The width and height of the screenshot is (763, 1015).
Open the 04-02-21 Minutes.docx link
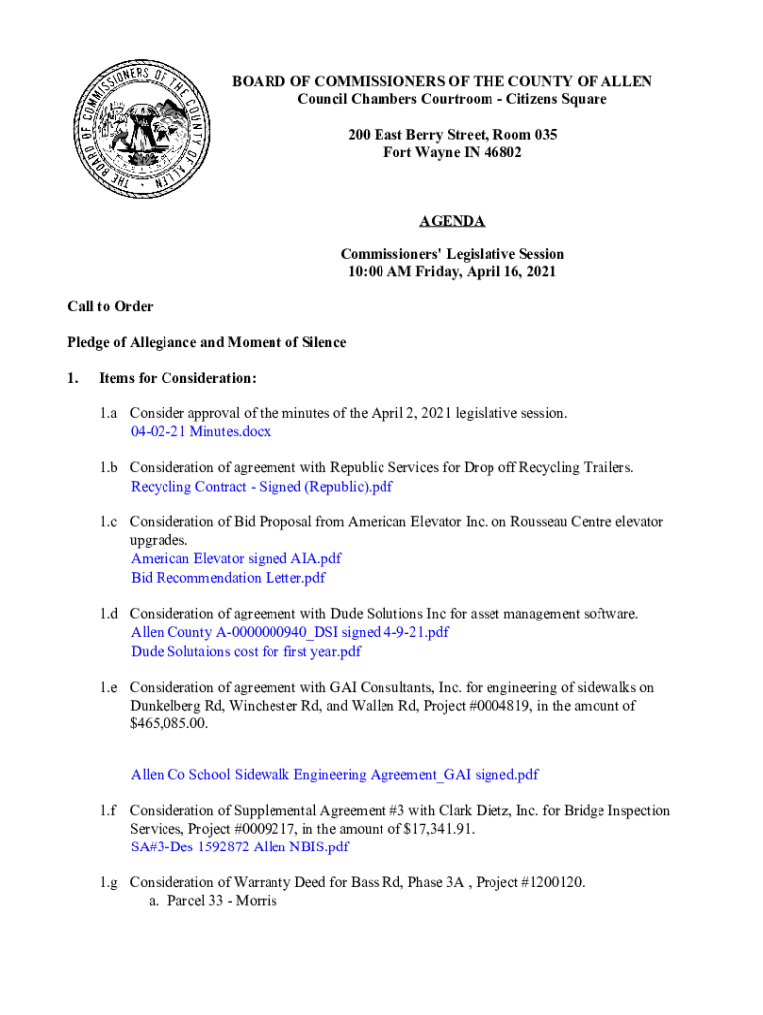point(200,432)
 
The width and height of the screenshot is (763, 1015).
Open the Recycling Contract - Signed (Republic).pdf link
point(262,487)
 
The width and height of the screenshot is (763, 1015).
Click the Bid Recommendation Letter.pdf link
point(228,578)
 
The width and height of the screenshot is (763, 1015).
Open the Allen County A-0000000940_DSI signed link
point(289,632)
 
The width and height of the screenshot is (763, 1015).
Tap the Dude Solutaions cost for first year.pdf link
point(246,651)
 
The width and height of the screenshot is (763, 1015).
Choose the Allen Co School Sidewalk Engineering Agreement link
point(334,774)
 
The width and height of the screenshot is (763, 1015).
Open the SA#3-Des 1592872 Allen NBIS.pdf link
point(240,847)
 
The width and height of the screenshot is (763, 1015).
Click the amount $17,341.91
point(433,829)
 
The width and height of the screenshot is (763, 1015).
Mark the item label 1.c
point(108,522)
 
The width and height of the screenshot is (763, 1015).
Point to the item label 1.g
point(108,883)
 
